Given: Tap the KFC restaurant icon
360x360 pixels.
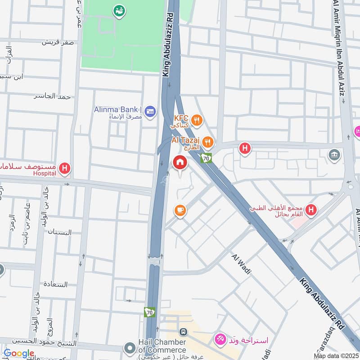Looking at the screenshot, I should click(196, 120).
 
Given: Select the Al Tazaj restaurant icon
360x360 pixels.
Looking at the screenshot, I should click(207, 143).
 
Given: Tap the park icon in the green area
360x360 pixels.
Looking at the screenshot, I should click(119, 10).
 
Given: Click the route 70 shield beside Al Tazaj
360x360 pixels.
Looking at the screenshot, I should click(206, 158).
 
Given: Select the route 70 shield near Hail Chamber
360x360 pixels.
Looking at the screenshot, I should click(149, 311).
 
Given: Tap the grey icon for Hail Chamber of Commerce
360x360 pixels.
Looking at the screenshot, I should click(130, 348).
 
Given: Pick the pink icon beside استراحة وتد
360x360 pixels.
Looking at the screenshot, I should click(220, 338).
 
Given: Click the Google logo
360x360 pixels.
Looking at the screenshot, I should click(19, 353).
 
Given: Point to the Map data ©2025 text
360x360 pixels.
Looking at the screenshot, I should click(335, 355).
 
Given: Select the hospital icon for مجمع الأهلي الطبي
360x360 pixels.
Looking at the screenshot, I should click(310, 210).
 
